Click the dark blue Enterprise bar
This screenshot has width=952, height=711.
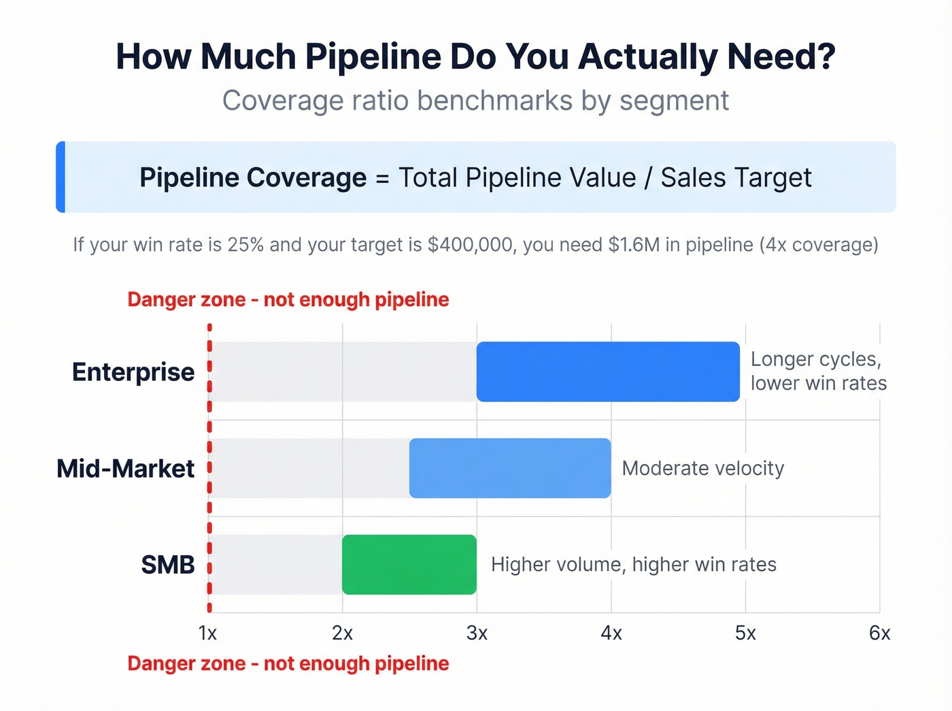(608, 371)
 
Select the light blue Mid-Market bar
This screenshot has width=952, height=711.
(510, 468)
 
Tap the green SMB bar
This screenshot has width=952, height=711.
(409, 565)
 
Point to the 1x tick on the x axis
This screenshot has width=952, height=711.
(207, 633)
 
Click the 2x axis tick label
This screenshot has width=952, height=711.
(342, 633)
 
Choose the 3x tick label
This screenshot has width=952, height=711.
(477, 633)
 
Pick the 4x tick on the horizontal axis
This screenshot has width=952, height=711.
(611, 633)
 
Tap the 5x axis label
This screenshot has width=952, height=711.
(745, 633)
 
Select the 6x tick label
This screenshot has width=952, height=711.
(879, 633)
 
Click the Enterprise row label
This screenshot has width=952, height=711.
(133, 372)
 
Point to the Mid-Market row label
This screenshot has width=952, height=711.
(126, 469)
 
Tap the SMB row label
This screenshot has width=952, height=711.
(168, 565)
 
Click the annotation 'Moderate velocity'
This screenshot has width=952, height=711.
(703, 468)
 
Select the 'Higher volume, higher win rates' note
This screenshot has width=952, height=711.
(633, 564)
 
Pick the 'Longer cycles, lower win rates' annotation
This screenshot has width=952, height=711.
(818, 371)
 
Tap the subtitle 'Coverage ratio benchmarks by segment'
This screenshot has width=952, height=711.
(475, 101)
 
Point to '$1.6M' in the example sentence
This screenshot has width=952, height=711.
(634, 244)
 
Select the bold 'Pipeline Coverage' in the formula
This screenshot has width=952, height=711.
(253, 178)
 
